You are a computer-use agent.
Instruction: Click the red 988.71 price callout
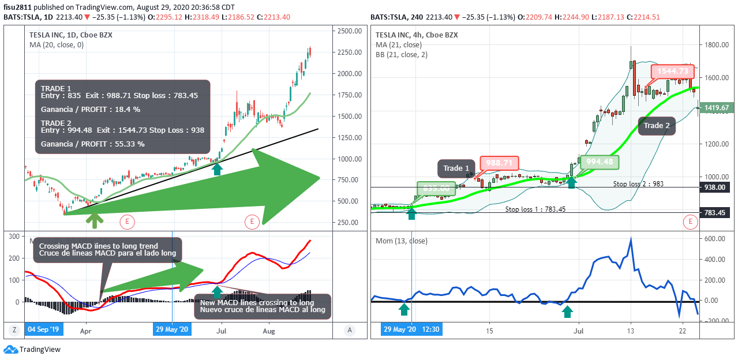[x=499, y=163]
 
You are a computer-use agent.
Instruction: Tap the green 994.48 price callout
[x=600, y=162]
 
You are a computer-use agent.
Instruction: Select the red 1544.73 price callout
[x=672, y=71]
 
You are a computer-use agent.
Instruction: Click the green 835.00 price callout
[x=436, y=188]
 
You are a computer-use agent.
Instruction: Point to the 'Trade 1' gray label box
[x=456, y=168]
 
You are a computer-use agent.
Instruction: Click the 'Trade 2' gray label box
[x=657, y=125]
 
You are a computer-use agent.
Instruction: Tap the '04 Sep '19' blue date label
[x=43, y=330]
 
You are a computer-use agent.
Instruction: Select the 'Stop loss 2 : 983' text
[x=639, y=183]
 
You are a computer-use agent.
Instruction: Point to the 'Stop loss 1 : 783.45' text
[x=535, y=209]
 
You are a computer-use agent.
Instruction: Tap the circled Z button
[x=13, y=330]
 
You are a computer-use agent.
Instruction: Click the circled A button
[x=349, y=330]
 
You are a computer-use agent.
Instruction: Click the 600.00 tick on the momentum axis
[x=715, y=238]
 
